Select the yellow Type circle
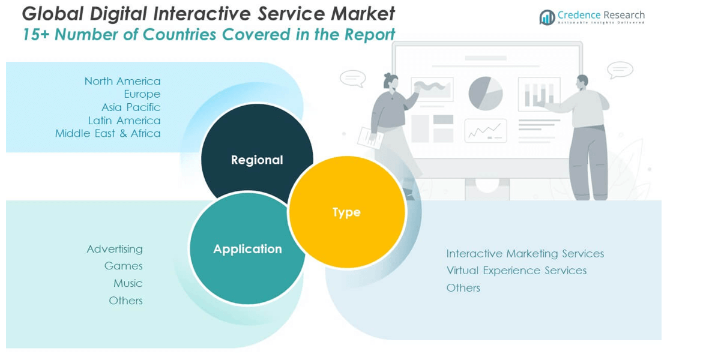pos(347,212)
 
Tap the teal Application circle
pos(247,248)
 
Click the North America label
pos(122,81)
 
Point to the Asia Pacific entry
pos(131,107)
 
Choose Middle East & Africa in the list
pos(108,133)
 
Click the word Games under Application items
pos(123,266)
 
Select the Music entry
pos(128,283)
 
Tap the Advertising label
pos(115,249)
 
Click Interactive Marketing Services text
pos(525,254)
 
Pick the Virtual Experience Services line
pos(516,271)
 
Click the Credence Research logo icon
pos(547,17)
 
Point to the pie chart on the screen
pos(485,93)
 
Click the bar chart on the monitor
pos(538,94)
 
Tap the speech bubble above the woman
pos(352,78)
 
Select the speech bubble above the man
pos(620,70)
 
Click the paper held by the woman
pos(370,137)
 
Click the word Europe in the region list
pos(142,94)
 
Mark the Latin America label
pos(124,121)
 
